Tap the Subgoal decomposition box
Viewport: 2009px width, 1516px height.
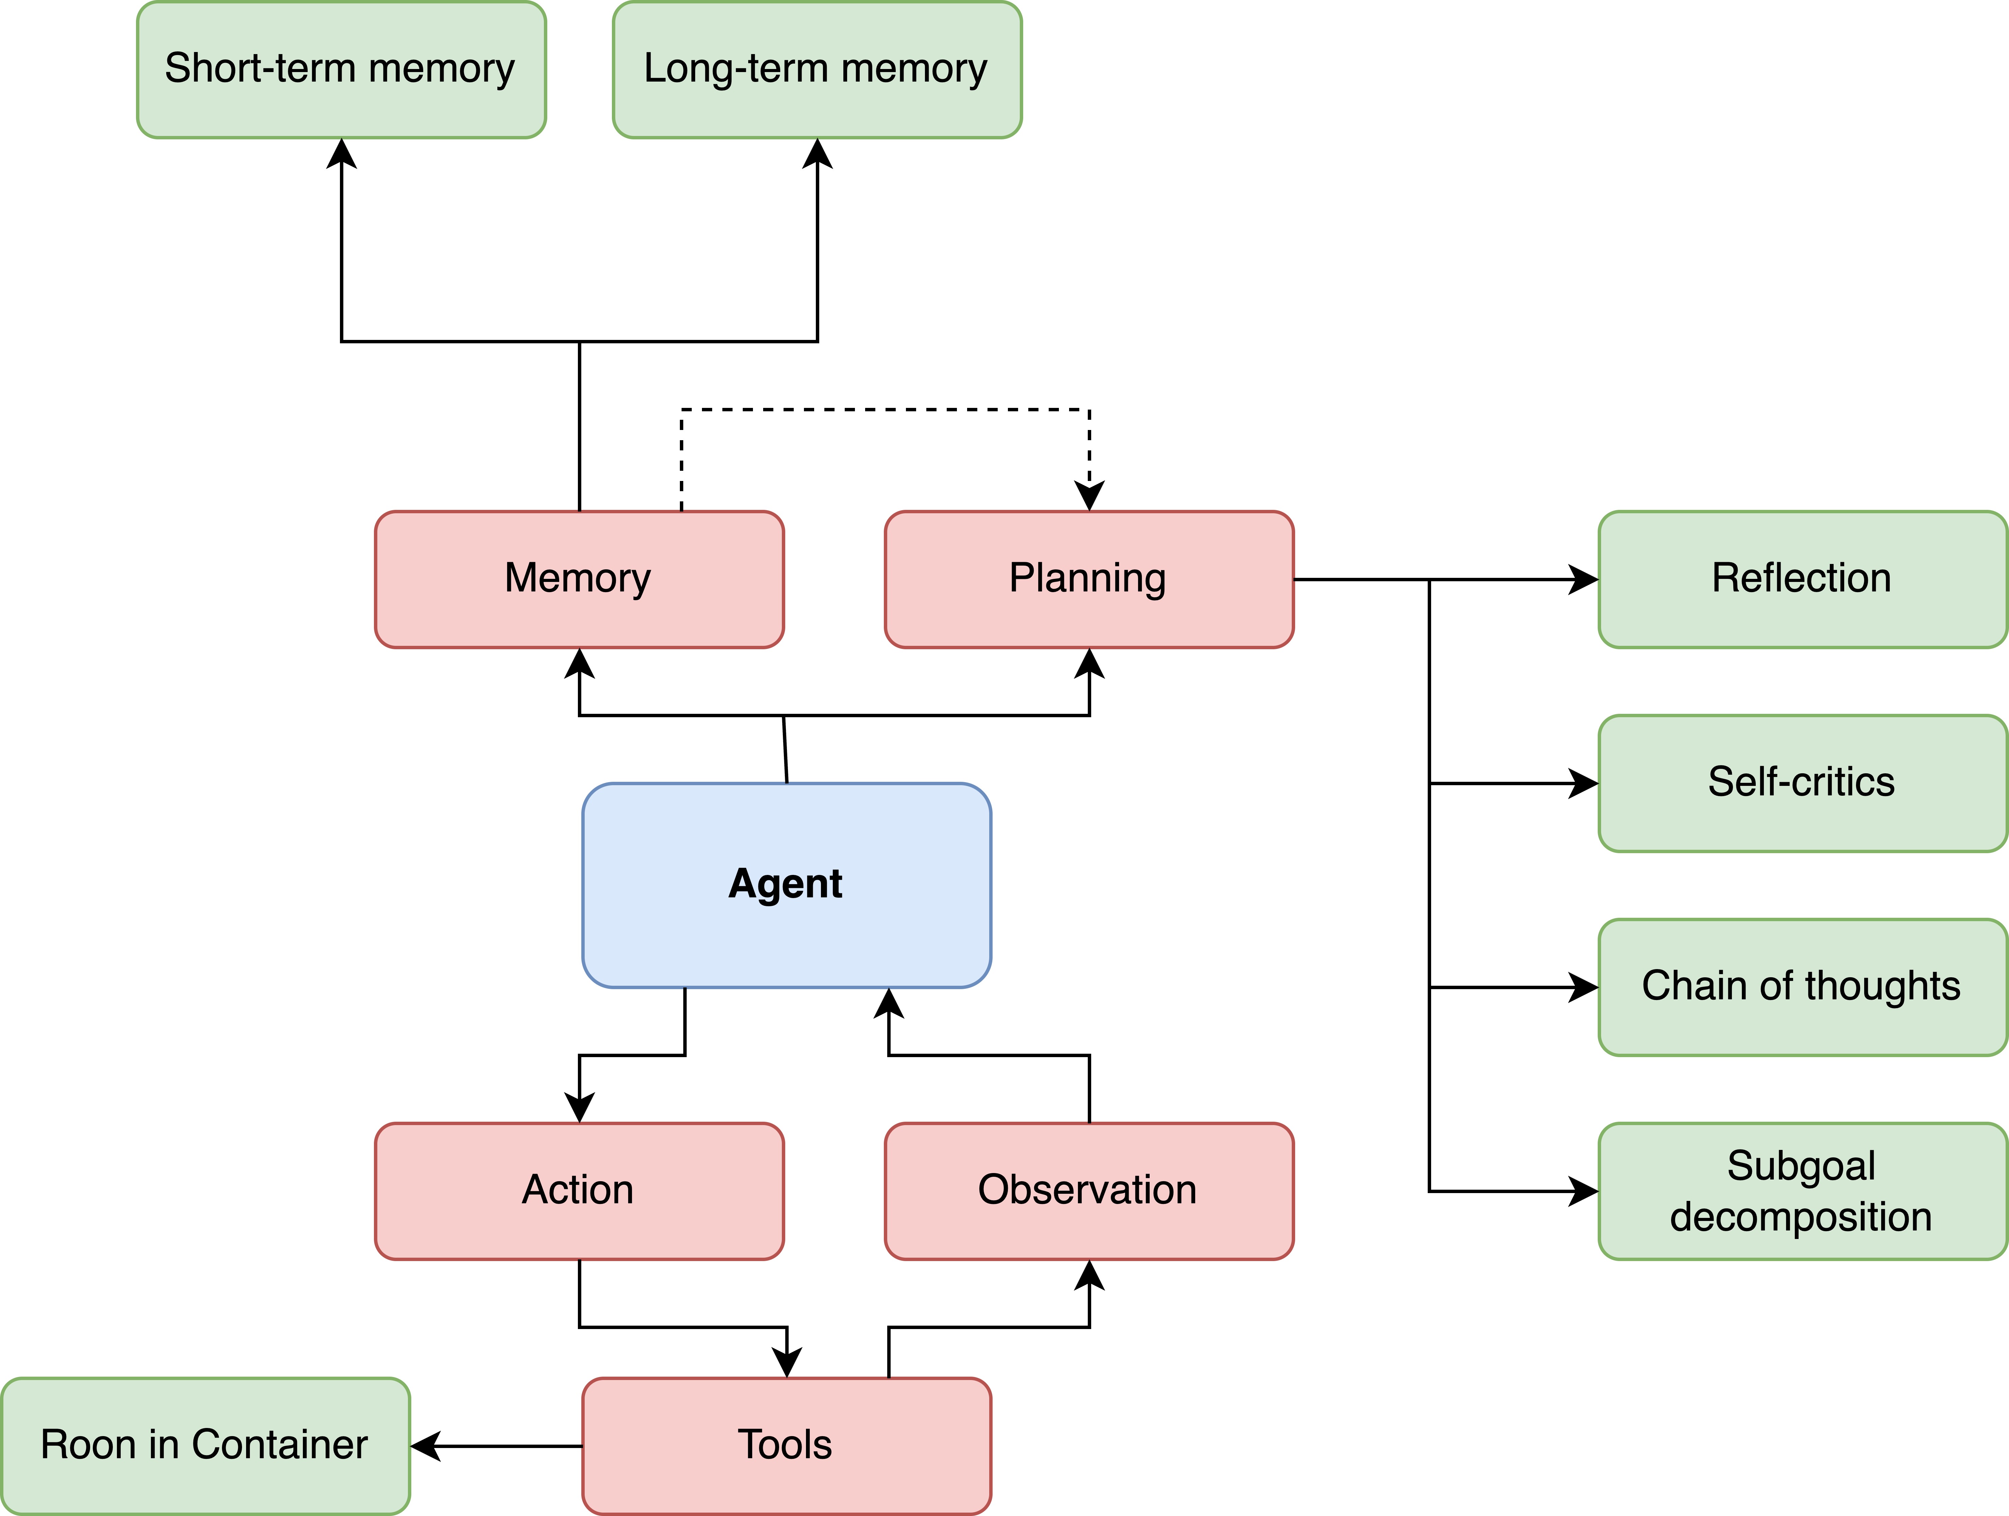pos(1802,1191)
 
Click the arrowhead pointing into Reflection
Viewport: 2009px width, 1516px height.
pos(1584,580)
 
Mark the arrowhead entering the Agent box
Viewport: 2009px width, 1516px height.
pos(888,1003)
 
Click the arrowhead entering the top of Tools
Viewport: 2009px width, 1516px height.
pos(787,1362)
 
